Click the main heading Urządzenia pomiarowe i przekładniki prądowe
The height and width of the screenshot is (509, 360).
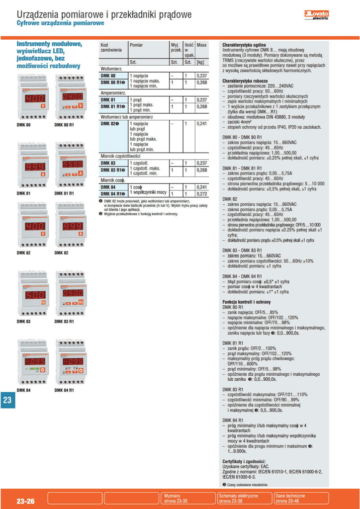pyautogui.click(x=104, y=14)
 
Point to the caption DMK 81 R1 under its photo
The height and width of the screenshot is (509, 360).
pyautogui.click(x=64, y=193)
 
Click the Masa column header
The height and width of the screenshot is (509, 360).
pyautogui.click(x=201, y=45)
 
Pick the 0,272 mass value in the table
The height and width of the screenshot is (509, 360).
pyautogui.click(x=201, y=194)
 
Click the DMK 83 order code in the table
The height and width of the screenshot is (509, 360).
pyautogui.click(x=108, y=163)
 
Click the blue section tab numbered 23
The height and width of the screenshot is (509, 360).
pyautogui.click(x=7, y=401)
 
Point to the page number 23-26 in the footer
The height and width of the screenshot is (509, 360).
pyautogui.click(x=25, y=502)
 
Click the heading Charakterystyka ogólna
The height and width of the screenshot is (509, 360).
pyautogui.click(x=244, y=45)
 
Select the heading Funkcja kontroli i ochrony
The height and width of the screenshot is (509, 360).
pyautogui.click(x=247, y=302)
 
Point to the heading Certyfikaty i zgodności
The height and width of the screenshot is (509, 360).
pyautogui.click(x=244, y=461)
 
